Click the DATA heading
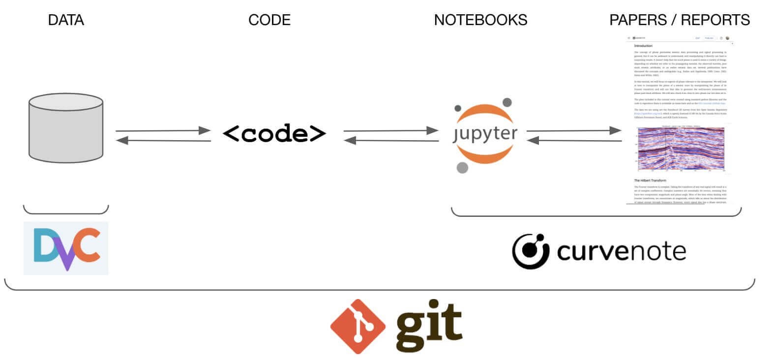click(66, 20)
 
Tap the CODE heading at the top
click(269, 20)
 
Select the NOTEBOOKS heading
click(480, 20)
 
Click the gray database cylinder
click(66, 128)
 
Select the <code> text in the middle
click(274, 134)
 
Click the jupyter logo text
click(485, 134)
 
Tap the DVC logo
click(66, 248)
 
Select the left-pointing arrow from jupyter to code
click(391, 141)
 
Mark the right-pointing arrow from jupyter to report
click(574, 130)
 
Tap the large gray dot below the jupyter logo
click(462, 168)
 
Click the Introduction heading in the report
click(643, 46)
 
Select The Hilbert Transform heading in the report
click(650, 180)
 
